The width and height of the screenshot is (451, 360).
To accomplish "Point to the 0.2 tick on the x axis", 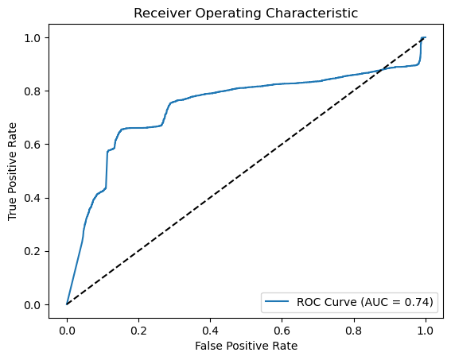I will coord(138,329).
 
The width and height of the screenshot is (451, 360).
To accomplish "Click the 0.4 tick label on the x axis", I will coord(210,329).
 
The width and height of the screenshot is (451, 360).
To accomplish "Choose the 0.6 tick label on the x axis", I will coord(282,329).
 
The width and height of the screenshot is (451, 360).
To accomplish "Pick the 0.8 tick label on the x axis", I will coord(353,329).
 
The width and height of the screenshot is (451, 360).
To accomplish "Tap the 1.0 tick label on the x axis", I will coord(425,329).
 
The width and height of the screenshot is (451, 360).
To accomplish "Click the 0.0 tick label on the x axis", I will coord(67,329).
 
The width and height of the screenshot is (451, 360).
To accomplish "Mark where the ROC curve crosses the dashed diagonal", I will coord(381,71).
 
